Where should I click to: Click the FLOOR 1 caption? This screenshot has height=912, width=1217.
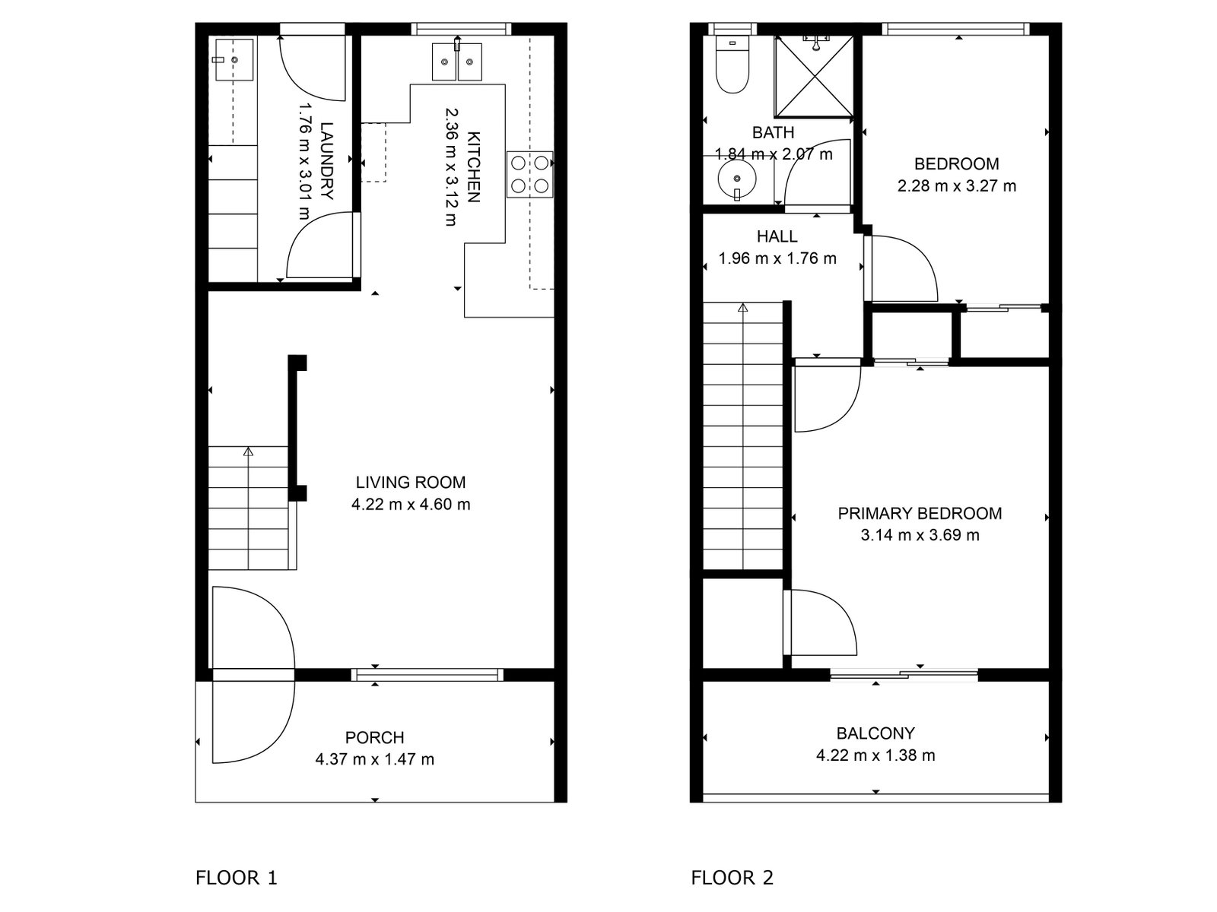pyautogui.click(x=237, y=877)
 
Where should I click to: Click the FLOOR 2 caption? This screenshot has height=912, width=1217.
pyautogui.click(x=732, y=877)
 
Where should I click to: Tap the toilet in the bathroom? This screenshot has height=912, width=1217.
pyautogui.click(x=732, y=65)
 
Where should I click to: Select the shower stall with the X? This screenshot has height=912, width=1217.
pyautogui.click(x=814, y=77)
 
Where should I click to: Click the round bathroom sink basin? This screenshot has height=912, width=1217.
pyautogui.click(x=737, y=179)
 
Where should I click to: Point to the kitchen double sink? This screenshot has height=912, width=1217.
pyautogui.click(x=457, y=62)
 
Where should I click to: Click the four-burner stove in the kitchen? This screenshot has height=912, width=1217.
pyautogui.click(x=529, y=174)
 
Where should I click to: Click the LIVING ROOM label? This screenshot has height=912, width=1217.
pyautogui.click(x=410, y=483)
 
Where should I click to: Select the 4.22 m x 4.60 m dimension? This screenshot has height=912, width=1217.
pyautogui.click(x=410, y=505)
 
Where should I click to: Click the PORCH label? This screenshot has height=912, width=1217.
pyautogui.click(x=374, y=737)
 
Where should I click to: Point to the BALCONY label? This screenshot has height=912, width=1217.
pyautogui.click(x=875, y=733)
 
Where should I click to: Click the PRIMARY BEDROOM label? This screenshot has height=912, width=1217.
pyautogui.click(x=920, y=513)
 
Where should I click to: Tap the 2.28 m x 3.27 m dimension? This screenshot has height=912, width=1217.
pyautogui.click(x=956, y=185)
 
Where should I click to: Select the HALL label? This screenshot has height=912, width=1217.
pyautogui.click(x=777, y=236)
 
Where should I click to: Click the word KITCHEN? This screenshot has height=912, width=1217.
pyautogui.click(x=473, y=167)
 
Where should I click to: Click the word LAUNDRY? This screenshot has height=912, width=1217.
pyautogui.click(x=326, y=161)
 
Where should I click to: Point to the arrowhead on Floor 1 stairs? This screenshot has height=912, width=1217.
pyautogui.click(x=249, y=452)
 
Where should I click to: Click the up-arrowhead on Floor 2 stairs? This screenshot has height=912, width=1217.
pyautogui.click(x=743, y=307)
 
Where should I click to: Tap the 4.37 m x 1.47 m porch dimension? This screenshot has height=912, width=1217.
pyautogui.click(x=374, y=759)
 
